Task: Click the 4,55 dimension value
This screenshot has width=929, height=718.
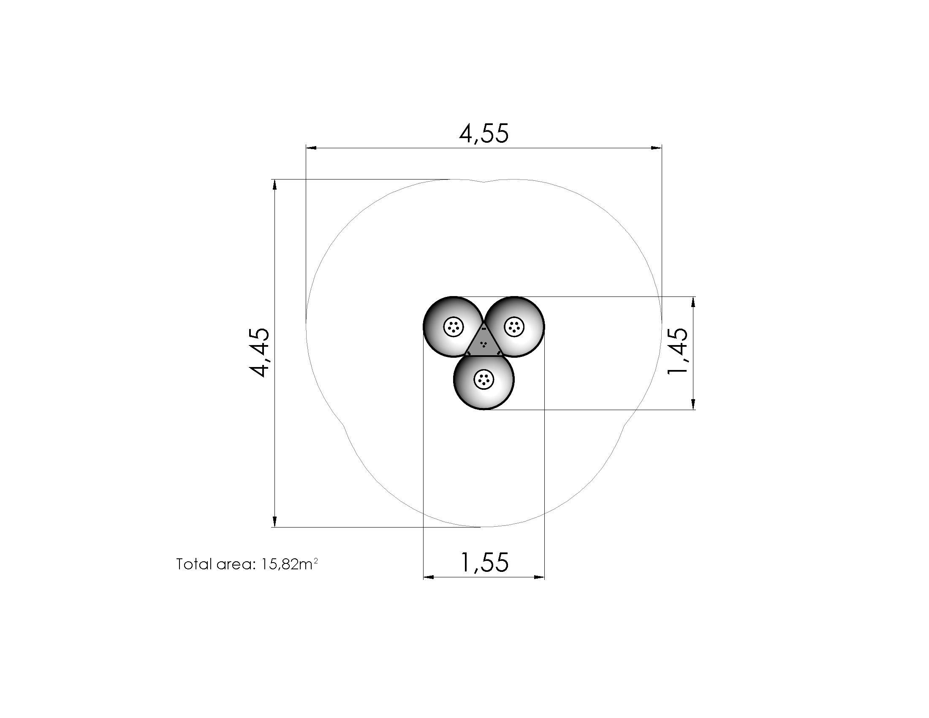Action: tap(484, 133)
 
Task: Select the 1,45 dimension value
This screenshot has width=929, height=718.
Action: tap(678, 351)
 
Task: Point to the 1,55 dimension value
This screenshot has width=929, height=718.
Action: tap(484, 562)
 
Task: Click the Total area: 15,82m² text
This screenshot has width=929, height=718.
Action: tap(247, 564)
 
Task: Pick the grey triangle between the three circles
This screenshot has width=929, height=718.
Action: tap(484, 343)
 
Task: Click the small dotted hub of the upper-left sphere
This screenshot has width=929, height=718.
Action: tap(454, 327)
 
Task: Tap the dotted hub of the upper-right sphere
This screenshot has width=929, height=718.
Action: tap(514, 326)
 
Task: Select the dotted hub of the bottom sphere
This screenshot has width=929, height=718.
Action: tap(484, 379)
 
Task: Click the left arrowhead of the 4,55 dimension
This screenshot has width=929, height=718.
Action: tap(311, 148)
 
